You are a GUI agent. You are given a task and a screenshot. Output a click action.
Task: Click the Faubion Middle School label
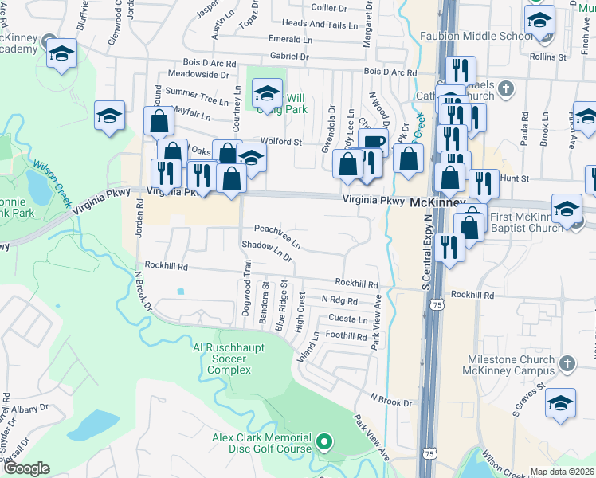[x=475, y=37]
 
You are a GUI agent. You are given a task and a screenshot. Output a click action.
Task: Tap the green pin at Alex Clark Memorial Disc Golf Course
[x=324, y=441]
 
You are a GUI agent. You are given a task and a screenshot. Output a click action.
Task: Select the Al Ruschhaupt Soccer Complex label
[x=230, y=358]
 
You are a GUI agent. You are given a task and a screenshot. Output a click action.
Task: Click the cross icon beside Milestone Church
[x=567, y=364]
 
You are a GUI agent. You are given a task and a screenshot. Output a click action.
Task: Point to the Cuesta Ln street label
[x=348, y=319]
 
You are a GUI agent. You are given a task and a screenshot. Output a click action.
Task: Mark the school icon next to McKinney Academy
[x=61, y=54]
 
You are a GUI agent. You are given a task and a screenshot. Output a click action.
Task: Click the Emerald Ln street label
[x=290, y=39]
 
